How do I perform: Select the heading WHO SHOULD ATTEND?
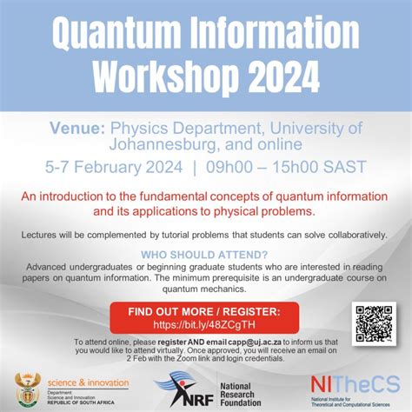click(206, 256)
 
